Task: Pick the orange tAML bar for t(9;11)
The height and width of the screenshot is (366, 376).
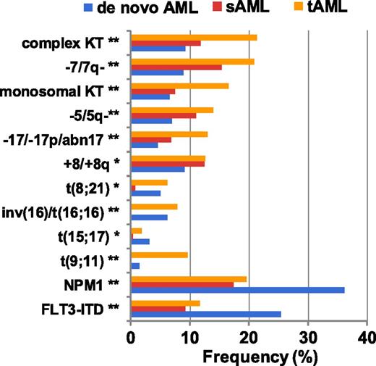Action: pos(159,255)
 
